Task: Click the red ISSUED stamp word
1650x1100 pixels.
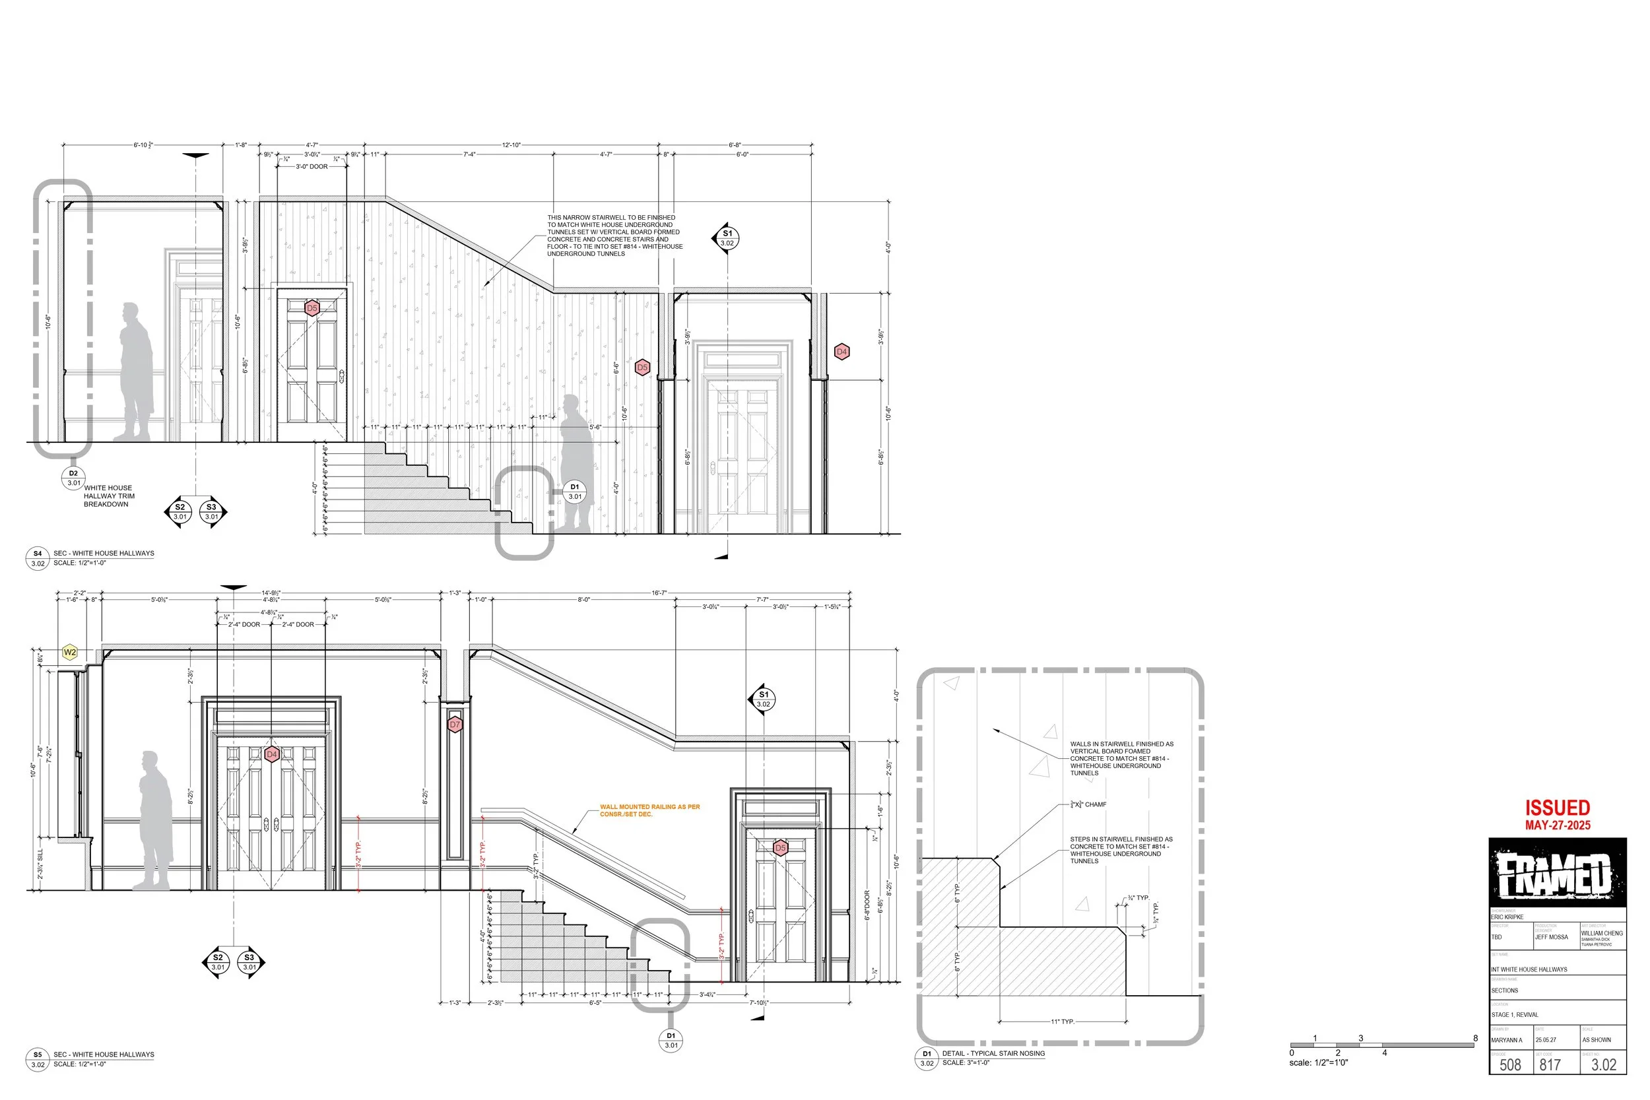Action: click(1557, 808)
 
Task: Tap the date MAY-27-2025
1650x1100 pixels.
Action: click(1557, 825)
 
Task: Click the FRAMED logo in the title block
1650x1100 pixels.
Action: click(1557, 874)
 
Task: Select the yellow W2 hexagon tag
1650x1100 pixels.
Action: click(69, 653)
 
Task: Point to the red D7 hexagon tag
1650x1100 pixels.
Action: click(455, 725)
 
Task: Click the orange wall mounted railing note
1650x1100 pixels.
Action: click(649, 810)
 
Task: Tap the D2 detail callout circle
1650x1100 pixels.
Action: click(74, 478)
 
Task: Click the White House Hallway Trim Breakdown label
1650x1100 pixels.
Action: click(108, 496)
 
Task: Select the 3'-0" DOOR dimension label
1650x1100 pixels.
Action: click(312, 167)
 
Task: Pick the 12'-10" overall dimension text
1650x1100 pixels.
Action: click(511, 145)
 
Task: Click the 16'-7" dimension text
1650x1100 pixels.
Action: click(659, 593)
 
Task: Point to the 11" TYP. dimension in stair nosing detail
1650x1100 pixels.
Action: click(1062, 1021)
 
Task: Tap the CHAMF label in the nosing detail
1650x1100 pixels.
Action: click(1088, 804)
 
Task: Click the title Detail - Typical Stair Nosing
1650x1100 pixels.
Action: click(993, 1053)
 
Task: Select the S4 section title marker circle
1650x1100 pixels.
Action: click(38, 558)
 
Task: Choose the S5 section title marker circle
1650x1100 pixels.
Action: click(38, 1059)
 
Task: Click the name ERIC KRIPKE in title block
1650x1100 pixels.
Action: click(1507, 917)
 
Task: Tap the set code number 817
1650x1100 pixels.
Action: click(1550, 1065)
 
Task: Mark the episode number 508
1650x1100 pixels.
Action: click(1509, 1065)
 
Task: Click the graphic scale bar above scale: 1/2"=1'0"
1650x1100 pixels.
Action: click(1382, 1045)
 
